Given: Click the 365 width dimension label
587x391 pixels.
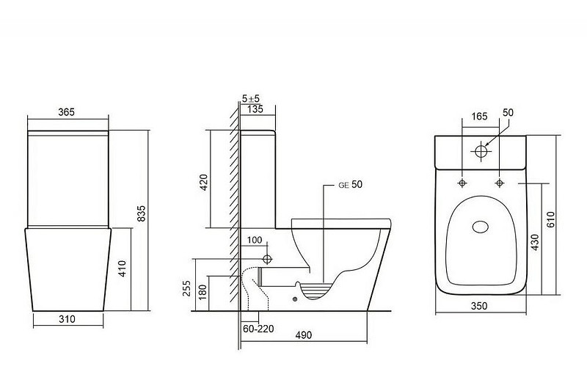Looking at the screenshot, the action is point(67,112).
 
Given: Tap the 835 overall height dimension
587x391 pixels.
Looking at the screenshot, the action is point(142,213).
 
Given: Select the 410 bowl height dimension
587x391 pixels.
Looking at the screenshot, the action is point(123,268).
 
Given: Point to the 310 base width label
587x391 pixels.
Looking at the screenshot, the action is point(67,319).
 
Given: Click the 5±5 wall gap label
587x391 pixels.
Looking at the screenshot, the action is point(251,99).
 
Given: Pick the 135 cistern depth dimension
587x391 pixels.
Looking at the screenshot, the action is point(255,109).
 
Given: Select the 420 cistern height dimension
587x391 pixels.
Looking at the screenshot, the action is point(204,182).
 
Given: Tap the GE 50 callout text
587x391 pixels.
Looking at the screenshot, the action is point(351,184).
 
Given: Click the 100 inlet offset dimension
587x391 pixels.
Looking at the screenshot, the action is point(255,240).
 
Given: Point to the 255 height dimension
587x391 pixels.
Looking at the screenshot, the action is point(187,288).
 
